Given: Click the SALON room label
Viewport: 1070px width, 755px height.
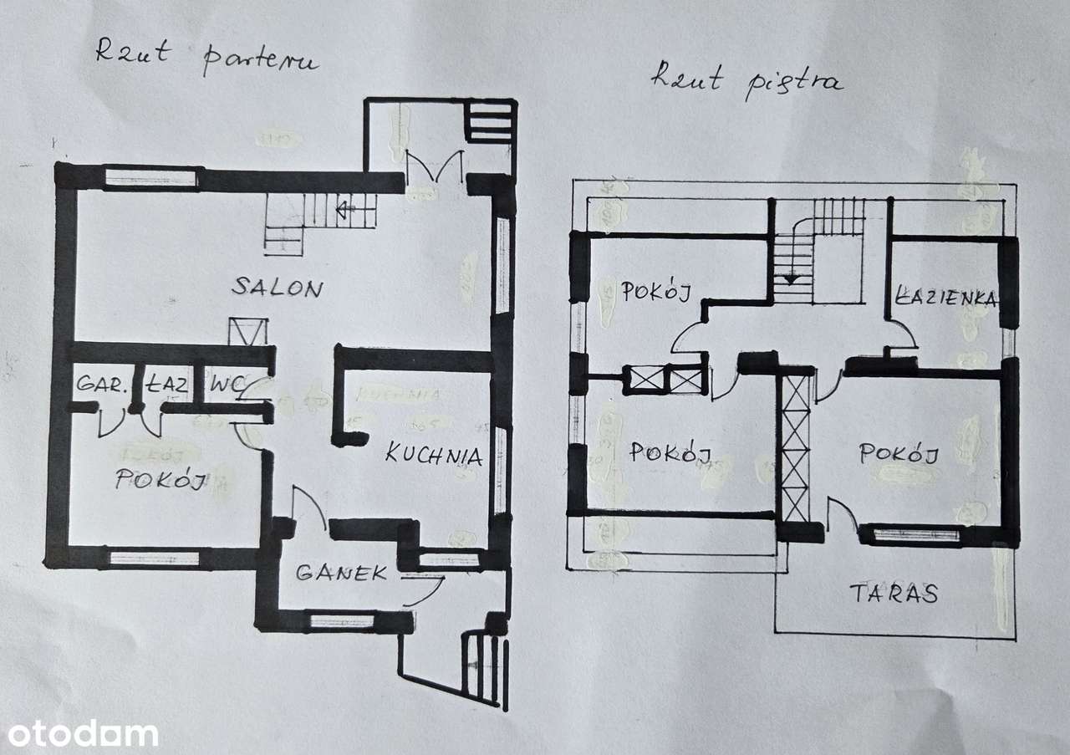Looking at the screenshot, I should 277,288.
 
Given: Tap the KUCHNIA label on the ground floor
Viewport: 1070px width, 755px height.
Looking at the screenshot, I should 433,457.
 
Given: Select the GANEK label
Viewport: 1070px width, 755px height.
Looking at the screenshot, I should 341,573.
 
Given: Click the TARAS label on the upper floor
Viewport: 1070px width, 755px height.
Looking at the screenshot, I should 894,594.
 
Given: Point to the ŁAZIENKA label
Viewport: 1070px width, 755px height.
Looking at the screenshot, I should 946,298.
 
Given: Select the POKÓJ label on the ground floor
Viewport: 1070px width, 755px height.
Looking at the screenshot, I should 161,480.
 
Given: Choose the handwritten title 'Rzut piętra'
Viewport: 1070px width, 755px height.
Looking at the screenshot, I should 746,79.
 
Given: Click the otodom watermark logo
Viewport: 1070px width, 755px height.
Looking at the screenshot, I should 79,734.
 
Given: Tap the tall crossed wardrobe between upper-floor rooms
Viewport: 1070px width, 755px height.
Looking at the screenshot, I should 795,447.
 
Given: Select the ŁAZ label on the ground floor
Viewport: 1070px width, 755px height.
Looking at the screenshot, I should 168,385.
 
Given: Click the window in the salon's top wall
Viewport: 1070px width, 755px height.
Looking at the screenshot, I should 151,178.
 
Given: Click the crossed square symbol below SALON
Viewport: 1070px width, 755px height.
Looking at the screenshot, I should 247,331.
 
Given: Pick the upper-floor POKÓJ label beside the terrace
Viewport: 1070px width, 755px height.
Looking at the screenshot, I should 898,454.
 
